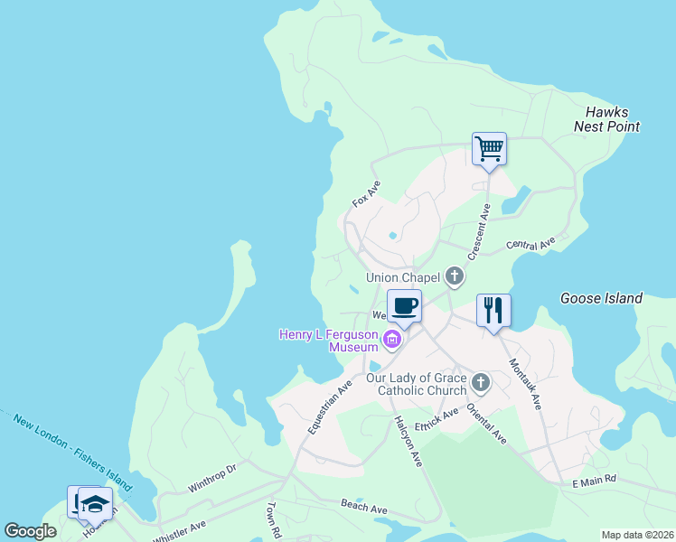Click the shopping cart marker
click(x=489, y=149)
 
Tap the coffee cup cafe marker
click(x=404, y=305)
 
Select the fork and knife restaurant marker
click(x=493, y=311)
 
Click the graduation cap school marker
click(x=95, y=503)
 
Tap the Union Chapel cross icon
click(x=454, y=277)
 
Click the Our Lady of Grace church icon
click(x=481, y=383)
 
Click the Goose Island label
click(x=601, y=298)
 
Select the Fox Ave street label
click(x=366, y=193)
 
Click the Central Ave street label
click(x=530, y=245)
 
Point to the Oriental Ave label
click(x=486, y=424)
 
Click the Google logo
click(x=30, y=531)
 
